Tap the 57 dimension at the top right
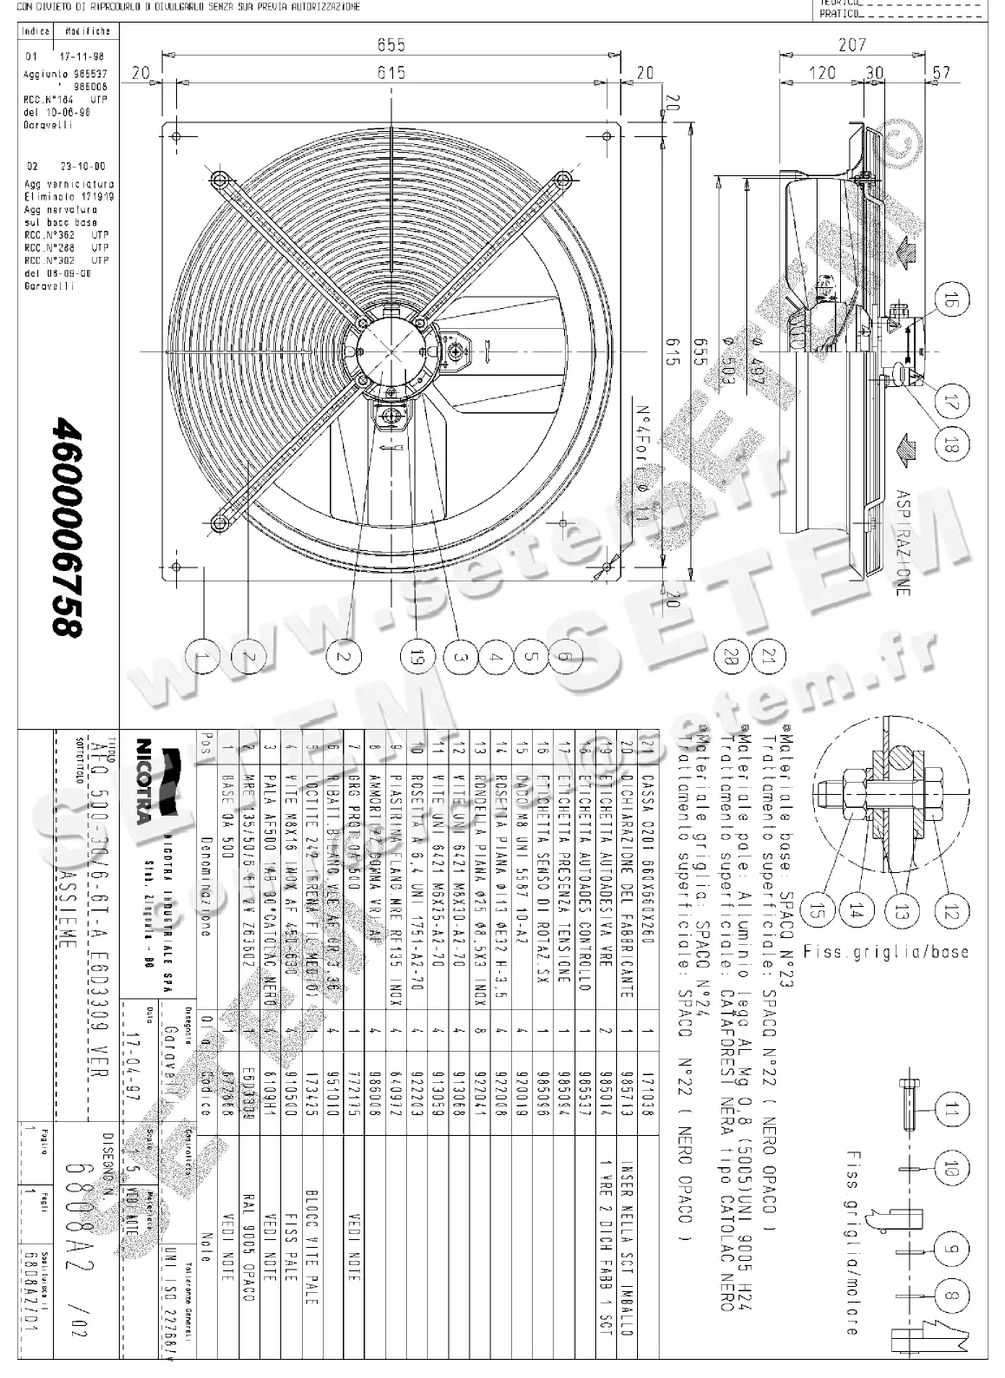point(941,73)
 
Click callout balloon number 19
point(415,656)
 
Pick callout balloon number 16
point(951,302)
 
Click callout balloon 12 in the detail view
point(951,911)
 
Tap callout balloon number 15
point(817,911)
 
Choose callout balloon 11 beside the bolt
point(952,1109)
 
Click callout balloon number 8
point(952,1298)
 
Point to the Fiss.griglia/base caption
point(885,951)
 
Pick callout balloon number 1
point(203,656)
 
